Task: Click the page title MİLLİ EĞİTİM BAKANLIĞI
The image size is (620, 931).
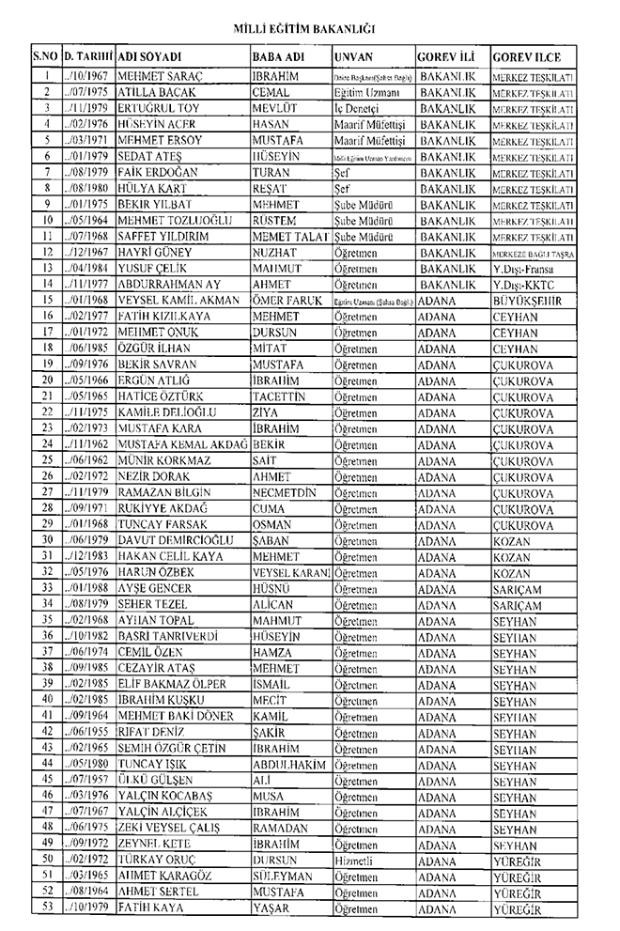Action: click(x=310, y=30)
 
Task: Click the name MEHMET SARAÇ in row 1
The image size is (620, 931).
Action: click(x=153, y=74)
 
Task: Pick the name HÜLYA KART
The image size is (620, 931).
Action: click(x=149, y=189)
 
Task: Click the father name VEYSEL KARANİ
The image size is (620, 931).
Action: click(x=291, y=571)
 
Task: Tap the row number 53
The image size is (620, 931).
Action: click(x=45, y=908)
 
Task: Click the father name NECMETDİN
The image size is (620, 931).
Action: click(x=284, y=491)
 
